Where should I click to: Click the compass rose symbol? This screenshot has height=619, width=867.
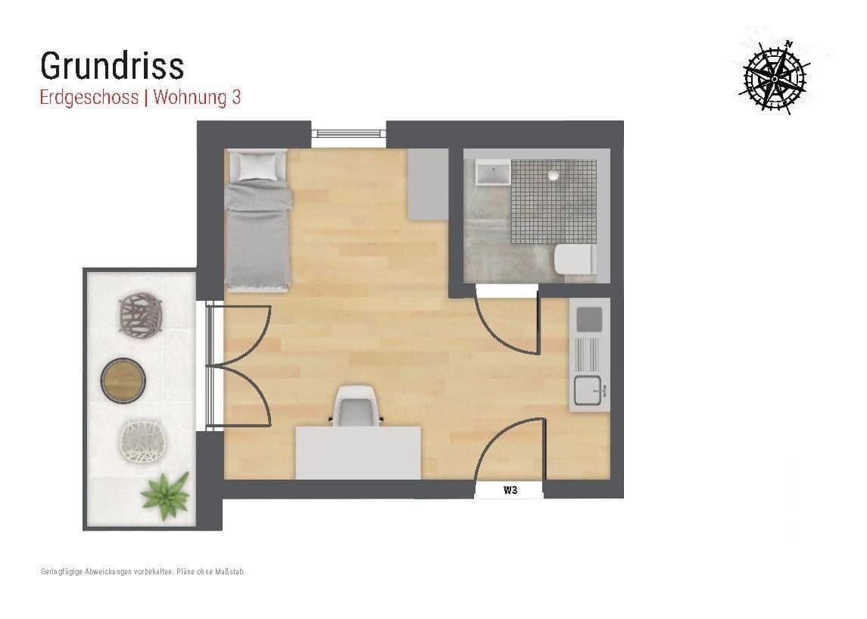[774, 77]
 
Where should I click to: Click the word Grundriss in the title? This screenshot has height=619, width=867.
[112, 67]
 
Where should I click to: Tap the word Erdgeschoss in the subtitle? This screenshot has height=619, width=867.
[89, 98]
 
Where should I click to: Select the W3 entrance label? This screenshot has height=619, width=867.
[510, 490]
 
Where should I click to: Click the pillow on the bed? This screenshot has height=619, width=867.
[257, 164]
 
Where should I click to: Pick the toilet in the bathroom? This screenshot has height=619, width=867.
[574, 260]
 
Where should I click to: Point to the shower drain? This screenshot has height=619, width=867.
[554, 175]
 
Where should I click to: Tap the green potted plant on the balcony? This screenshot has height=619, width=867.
[164, 495]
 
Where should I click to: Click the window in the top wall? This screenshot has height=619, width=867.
[349, 135]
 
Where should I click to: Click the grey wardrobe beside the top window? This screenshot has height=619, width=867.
[429, 184]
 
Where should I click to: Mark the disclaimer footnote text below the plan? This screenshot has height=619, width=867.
[143, 571]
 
